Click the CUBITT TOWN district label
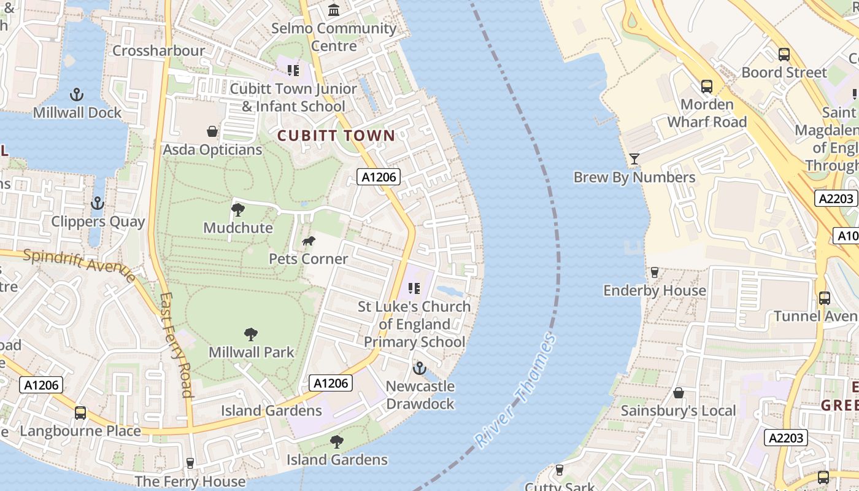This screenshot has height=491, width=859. (336, 136)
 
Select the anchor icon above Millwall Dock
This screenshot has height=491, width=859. (77, 95)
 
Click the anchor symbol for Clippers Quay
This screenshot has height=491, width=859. (98, 203)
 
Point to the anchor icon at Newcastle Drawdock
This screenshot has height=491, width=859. (420, 368)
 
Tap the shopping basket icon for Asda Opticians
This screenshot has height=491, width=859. (212, 131)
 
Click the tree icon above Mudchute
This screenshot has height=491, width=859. (238, 210)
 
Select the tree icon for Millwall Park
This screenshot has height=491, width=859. (251, 334)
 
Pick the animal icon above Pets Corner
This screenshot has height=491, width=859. (309, 241)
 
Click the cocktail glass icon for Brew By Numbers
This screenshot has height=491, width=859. (634, 159)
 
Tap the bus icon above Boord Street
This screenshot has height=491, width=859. (784, 55)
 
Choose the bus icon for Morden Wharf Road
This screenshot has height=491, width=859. (707, 87)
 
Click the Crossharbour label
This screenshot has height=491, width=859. (158, 51)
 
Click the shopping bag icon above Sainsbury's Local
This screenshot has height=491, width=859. (679, 393)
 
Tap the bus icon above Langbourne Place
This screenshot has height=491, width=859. (80, 413)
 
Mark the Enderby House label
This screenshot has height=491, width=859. (655, 290)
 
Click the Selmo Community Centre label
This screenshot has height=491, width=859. (334, 37)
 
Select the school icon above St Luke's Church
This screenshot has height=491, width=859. (414, 288)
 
